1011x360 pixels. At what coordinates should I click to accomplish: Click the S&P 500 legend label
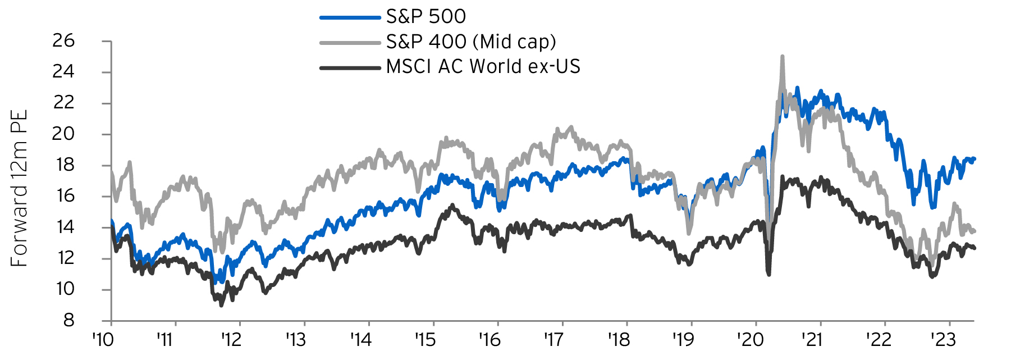click(x=426, y=16)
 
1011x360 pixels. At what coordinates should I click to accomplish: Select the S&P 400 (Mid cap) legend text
click(x=471, y=42)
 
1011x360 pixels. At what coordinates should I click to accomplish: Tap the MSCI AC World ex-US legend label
click(x=483, y=66)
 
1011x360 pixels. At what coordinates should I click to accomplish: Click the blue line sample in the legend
click(x=350, y=17)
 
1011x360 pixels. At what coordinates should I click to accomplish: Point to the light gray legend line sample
click(x=350, y=43)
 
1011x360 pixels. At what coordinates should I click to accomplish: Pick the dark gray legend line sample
click(x=350, y=68)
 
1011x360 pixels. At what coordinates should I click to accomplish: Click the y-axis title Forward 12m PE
click(x=19, y=189)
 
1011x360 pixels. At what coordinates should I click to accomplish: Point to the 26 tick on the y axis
click(x=63, y=40)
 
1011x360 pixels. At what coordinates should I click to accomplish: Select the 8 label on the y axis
click(x=68, y=320)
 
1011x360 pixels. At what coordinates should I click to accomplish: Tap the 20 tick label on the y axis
click(x=63, y=134)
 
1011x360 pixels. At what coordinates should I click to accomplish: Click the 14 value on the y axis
click(x=63, y=227)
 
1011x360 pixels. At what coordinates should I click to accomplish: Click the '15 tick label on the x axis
click(x=425, y=340)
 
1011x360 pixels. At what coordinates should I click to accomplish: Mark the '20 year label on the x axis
click(x=750, y=340)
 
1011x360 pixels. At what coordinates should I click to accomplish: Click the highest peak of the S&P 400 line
click(x=782, y=57)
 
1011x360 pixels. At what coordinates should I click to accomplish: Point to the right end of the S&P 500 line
click(x=974, y=159)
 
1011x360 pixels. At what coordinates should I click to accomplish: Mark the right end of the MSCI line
click(x=974, y=248)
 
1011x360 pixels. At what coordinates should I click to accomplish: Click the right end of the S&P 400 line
click(x=974, y=231)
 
